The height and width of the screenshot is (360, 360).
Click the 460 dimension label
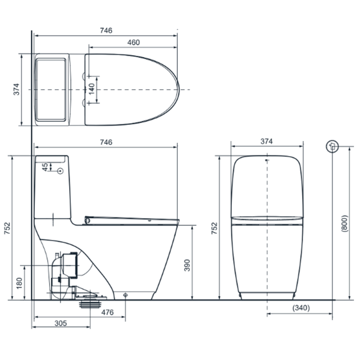(133, 43)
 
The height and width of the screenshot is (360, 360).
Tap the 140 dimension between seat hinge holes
(92, 89)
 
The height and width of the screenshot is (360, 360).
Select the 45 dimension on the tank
(45, 167)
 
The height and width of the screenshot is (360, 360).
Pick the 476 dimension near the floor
(107, 312)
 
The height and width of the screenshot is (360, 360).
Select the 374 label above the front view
(266, 141)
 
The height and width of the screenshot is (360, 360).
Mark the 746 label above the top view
(106, 30)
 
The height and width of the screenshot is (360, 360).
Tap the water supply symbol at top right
(332, 146)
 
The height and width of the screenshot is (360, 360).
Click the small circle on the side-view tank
(60, 171)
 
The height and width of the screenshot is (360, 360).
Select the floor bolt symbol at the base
(126, 295)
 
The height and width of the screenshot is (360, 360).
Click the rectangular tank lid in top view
(52, 90)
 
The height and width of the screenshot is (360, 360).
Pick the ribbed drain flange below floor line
(90, 304)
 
